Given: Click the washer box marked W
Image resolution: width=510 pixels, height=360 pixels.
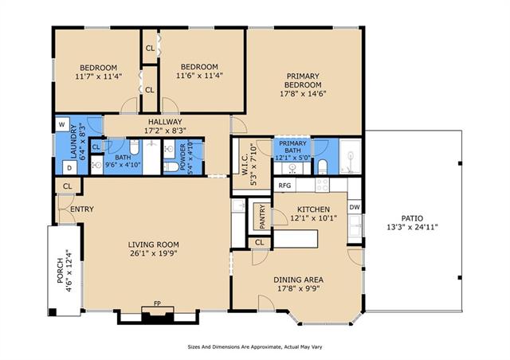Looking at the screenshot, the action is (x=62, y=124).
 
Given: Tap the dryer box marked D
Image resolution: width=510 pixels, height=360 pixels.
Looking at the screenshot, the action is (x=69, y=168).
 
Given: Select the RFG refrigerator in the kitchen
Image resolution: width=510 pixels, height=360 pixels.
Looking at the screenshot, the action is (x=284, y=186).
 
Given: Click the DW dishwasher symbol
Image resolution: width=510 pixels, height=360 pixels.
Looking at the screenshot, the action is (x=355, y=207).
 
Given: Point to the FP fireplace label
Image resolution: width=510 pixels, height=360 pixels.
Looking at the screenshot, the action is (x=158, y=303).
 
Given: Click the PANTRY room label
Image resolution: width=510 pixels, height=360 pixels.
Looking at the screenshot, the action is (x=262, y=217).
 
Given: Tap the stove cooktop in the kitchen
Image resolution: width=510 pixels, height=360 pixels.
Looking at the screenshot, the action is (x=322, y=186).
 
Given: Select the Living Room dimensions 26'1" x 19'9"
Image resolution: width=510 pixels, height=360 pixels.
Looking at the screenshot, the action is (x=154, y=253).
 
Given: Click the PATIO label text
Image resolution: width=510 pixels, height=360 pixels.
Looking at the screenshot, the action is (x=412, y=218).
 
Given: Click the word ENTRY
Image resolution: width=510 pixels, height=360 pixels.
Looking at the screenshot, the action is (x=82, y=209).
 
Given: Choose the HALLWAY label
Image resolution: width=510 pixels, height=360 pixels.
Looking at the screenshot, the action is (x=165, y=122).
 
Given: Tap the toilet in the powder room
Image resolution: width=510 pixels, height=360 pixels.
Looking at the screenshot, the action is (x=171, y=166).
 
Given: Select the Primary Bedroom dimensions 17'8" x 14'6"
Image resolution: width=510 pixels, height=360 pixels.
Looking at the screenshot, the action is (x=303, y=94).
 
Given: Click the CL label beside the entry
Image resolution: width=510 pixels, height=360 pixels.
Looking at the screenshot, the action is (x=67, y=186).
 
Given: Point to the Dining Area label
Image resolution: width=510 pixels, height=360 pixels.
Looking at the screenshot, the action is (x=298, y=280).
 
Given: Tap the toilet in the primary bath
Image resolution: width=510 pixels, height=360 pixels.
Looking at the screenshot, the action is (x=322, y=166).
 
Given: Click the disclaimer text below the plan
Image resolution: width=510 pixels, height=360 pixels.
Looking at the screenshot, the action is (x=255, y=347).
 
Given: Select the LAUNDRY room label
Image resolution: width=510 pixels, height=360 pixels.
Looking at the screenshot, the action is (x=74, y=142).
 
